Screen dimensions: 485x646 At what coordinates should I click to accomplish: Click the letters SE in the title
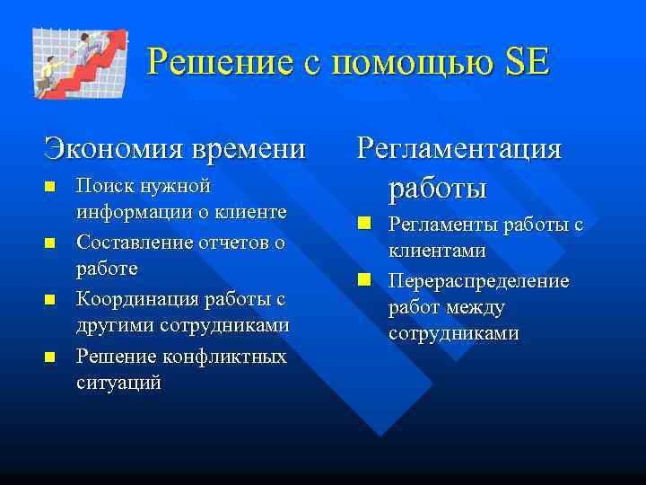528,63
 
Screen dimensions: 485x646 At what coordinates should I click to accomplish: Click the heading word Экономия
106,147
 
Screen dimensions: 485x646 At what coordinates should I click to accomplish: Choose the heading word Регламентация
459,147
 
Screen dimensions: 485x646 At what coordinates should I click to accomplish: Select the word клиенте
254,212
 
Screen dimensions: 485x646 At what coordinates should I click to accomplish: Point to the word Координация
135,298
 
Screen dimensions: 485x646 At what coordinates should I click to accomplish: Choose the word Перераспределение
478,281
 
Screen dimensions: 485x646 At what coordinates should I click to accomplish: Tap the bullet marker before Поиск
50,186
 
